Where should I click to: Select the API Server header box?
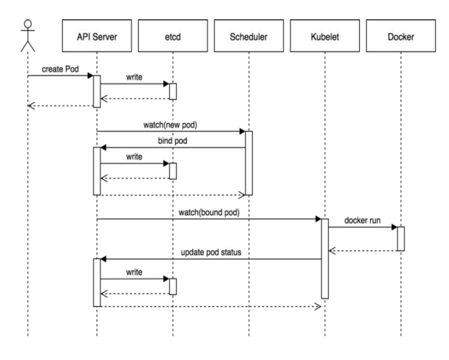[96, 38]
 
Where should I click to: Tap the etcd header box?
[173, 38]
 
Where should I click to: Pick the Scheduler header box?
[248, 38]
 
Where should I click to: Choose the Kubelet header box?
[325, 38]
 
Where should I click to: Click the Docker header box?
[401, 38]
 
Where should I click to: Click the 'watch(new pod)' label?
[172, 124]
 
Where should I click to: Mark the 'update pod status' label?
[210, 251]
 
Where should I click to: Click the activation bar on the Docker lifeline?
[401, 239]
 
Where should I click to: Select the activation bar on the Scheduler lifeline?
[248, 163]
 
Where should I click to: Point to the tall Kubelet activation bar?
[325, 258]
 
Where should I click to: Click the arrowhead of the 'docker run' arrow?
[394, 227]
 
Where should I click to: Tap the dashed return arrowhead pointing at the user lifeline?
[31, 106]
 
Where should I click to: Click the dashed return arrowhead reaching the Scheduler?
[242, 195]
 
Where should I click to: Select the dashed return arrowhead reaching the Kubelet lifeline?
[318, 306]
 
